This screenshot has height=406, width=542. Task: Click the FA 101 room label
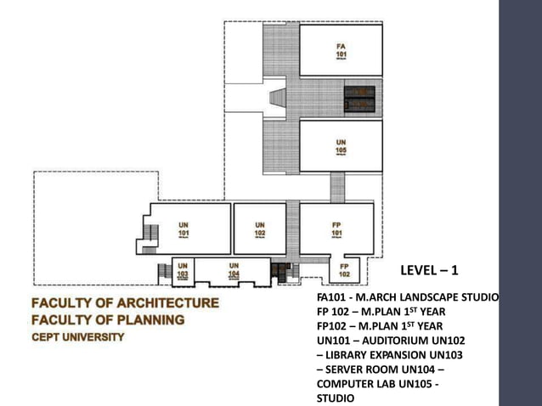(x=341, y=49)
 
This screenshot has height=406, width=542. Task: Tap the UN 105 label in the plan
(x=341, y=145)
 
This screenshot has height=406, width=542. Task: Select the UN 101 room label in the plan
(x=183, y=228)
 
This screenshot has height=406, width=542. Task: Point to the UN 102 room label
(x=260, y=228)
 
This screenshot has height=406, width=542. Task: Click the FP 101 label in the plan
(x=337, y=228)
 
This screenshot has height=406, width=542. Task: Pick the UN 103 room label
(x=183, y=269)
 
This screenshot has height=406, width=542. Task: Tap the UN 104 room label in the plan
(x=234, y=269)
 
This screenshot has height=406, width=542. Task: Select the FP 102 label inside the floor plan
(x=344, y=270)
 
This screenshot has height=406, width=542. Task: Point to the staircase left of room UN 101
(x=151, y=233)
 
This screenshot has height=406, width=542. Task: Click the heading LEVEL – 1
(x=429, y=270)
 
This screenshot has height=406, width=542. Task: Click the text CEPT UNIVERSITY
(x=78, y=336)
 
